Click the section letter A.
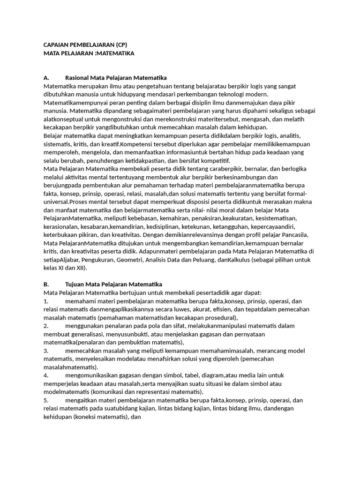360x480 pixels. pos(46,77)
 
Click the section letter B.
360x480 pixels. pos(46,285)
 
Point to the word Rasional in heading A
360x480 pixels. pos(78,77)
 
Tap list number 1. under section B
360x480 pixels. pos(46,301)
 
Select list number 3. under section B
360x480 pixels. pos(46,350)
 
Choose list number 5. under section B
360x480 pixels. pos(46,400)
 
